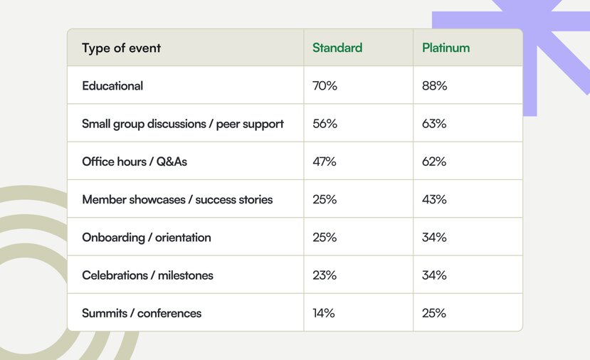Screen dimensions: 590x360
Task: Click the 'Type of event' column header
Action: click(x=121, y=48)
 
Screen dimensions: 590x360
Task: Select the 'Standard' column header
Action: click(x=337, y=48)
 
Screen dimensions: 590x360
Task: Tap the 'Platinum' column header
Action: click(x=446, y=48)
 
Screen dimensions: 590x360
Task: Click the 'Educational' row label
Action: click(x=112, y=86)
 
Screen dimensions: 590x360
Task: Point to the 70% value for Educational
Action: click(x=325, y=86)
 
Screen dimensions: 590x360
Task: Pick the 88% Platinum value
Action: click(x=435, y=86)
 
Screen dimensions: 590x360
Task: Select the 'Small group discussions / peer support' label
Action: click(x=183, y=124)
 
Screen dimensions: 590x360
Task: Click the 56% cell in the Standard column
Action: click(x=325, y=124)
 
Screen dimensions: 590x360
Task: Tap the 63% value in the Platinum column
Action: click(x=434, y=124)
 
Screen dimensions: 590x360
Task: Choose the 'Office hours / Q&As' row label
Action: click(x=135, y=162)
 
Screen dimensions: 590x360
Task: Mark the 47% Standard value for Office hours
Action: click(x=325, y=162)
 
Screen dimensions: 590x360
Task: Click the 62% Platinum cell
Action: click(x=434, y=162)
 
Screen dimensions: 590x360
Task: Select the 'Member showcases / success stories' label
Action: click(x=177, y=199)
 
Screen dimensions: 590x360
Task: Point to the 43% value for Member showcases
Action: click(x=434, y=199)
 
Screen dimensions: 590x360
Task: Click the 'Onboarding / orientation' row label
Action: click(x=147, y=238)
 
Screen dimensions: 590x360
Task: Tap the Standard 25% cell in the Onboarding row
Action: click(x=325, y=238)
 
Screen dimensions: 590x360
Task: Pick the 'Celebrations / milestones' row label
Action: click(x=147, y=275)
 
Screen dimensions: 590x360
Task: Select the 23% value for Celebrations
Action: click(x=325, y=275)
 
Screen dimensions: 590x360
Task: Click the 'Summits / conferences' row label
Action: click(x=142, y=313)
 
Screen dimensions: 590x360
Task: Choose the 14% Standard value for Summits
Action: click(x=324, y=313)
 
